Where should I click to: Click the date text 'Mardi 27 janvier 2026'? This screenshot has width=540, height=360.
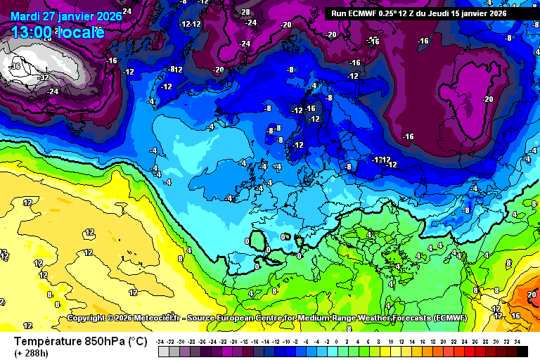click(65, 16)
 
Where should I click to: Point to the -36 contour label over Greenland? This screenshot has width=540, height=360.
click(15, 66)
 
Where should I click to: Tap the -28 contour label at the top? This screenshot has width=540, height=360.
click(245, 12)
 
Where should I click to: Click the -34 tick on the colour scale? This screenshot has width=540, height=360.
click(161, 341)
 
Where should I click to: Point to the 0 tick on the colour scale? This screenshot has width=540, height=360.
click(337, 341)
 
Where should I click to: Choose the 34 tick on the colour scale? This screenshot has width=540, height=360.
click(517, 341)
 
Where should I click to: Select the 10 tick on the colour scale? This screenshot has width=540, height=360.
click(391, 341)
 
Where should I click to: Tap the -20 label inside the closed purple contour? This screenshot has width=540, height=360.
click(487, 99)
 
